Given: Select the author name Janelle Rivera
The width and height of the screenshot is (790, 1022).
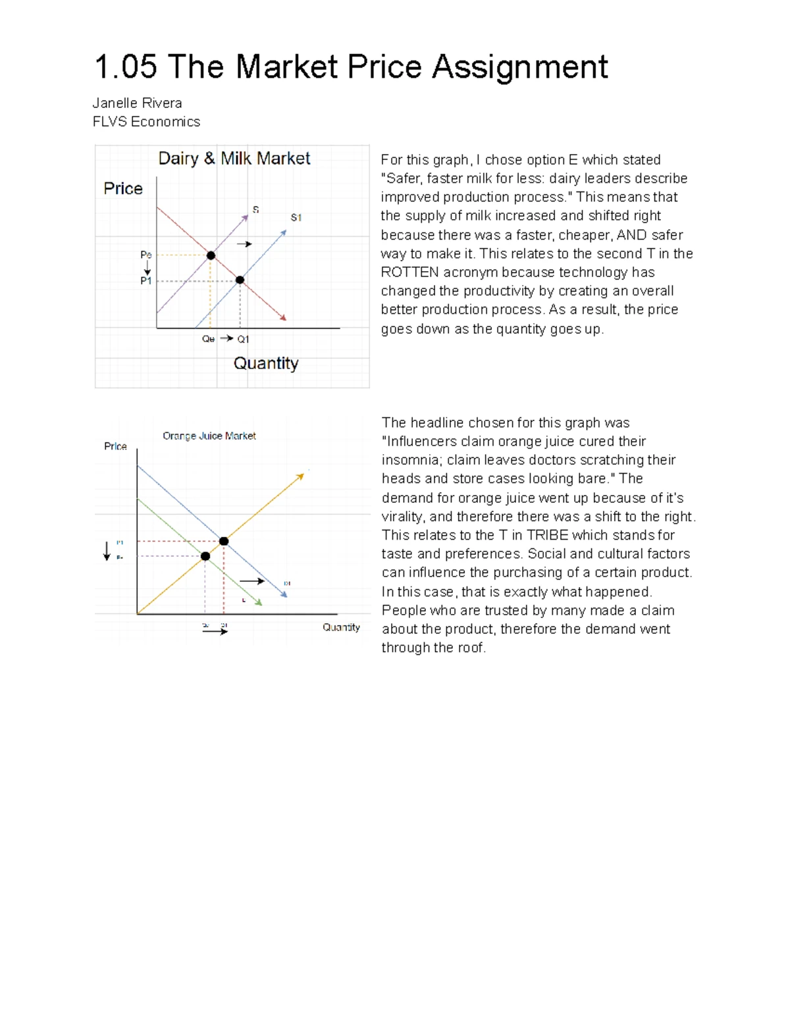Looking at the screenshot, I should coord(137,103).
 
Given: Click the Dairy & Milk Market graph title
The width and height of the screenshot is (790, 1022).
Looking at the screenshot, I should coord(234,159).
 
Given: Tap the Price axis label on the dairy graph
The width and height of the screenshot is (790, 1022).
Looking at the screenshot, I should coord(123,189).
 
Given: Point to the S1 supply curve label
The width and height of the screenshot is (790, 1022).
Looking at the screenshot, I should coord(296,218).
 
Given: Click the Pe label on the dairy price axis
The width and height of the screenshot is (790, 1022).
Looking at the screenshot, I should coord(146,255).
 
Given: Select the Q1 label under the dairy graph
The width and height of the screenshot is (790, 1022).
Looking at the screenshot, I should coord(243,340).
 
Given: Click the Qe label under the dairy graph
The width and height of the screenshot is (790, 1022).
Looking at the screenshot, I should coord(208,340).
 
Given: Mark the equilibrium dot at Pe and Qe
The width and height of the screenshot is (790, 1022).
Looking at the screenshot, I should coord(211,255).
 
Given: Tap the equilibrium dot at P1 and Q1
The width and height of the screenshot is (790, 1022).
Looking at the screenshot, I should coord(240,280).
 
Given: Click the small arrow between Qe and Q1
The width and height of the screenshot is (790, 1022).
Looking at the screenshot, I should coord(226,338).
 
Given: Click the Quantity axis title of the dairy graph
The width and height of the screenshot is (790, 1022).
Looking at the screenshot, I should coord(266,363).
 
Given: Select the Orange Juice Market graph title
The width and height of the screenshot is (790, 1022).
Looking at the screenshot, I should coord(209,436).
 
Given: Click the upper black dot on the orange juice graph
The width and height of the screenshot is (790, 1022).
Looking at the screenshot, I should coord(224,541).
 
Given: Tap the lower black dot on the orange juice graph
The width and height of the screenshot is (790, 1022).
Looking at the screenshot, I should coord(205,556).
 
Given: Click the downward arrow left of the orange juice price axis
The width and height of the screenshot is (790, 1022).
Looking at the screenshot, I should coord(107,551).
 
